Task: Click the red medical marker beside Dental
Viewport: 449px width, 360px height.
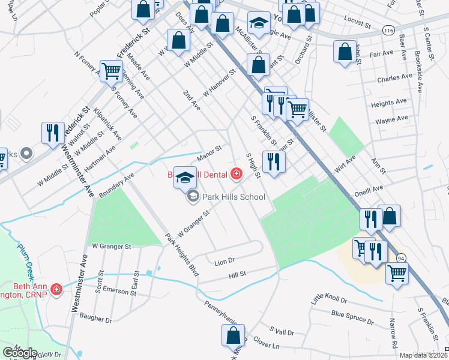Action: [x=236, y=174]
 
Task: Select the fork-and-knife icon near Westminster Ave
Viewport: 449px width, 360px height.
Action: [x=52, y=132]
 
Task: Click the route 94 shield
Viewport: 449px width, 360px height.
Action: [x=400, y=257]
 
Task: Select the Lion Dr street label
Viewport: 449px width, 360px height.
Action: [x=224, y=261]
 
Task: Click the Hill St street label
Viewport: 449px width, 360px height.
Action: [x=238, y=275]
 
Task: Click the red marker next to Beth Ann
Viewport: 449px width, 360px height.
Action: [x=56, y=290]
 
